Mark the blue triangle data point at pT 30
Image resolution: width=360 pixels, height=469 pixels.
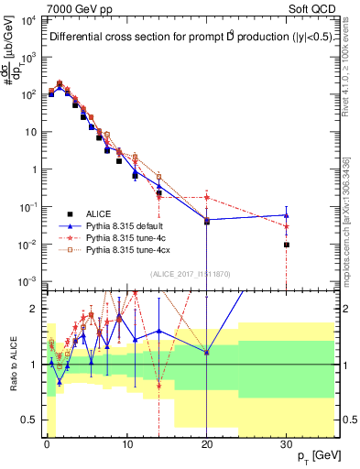click(287, 215)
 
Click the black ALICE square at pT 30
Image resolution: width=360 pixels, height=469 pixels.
click(287, 245)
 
